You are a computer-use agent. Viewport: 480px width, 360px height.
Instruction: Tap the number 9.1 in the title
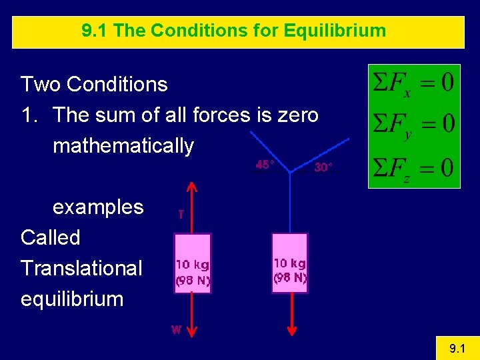coord(95,31)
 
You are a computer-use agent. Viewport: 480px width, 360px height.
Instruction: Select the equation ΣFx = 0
coord(414,84)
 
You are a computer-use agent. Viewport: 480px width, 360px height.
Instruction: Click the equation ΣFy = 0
coord(414,124)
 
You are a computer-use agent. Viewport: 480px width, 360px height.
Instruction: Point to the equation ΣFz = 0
coord(414,166)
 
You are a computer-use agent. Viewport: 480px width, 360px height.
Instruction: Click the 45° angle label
coord(265,165)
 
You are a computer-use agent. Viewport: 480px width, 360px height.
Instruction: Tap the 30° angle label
coord(323,167)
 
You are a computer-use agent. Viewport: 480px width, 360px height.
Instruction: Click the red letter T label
coord(181,214)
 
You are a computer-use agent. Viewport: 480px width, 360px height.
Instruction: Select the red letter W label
coord(176,329)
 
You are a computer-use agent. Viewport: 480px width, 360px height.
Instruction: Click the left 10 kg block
coord(192,263)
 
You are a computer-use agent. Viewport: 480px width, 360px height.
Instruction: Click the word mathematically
coord(123,145)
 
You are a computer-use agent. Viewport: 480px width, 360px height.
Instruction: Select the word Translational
coord(81,268)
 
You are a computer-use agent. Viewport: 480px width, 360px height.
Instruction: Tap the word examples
coord(98,207)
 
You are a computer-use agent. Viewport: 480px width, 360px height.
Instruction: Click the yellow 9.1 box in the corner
coord(457,348)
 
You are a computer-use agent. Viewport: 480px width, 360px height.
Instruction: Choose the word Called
coord(51,237)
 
